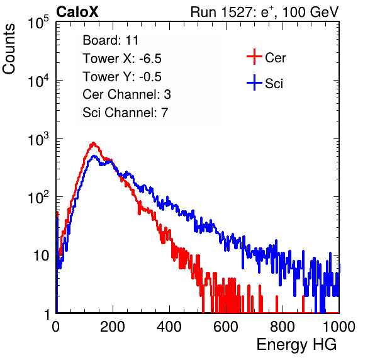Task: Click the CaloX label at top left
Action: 77,12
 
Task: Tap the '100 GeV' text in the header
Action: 311,12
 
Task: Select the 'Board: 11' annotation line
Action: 111,40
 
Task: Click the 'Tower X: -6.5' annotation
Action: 122,59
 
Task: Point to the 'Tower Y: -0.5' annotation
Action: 122,77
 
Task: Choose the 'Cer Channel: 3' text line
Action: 126,94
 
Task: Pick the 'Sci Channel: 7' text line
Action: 125,113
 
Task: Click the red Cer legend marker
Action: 254,57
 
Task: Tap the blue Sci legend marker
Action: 254,83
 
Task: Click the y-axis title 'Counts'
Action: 9,49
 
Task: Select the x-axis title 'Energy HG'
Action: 296,345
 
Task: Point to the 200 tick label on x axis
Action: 113,327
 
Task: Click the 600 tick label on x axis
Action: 226,327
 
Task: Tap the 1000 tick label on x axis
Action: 339,327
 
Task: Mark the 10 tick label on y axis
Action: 42,256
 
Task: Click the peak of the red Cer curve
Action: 93,143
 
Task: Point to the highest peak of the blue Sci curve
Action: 94,156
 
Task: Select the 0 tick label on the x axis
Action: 56,327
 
